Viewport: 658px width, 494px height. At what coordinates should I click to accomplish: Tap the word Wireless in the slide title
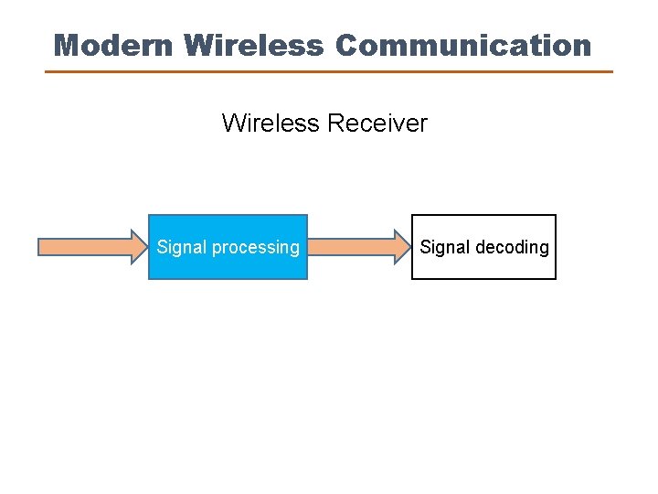click(253, 45)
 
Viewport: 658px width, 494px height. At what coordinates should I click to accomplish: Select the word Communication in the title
click(463, 45)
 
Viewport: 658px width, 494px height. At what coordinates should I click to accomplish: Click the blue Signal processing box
click(228, 265)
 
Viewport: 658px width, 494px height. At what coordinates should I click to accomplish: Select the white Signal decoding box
click(483, 265)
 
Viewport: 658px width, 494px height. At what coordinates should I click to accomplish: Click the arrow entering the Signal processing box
click(91, 246)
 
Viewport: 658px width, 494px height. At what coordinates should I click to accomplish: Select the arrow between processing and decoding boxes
click(359, 246)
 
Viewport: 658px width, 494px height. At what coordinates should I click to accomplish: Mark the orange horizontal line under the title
click(329, 71)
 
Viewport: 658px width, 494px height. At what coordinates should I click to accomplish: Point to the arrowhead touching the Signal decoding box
click(403, 246)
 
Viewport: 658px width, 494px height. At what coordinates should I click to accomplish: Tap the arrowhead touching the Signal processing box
click(140, 246)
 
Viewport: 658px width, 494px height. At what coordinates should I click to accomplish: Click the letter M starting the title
click(67, 45)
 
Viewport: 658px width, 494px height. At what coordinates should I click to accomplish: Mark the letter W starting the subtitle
click(233, 123)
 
